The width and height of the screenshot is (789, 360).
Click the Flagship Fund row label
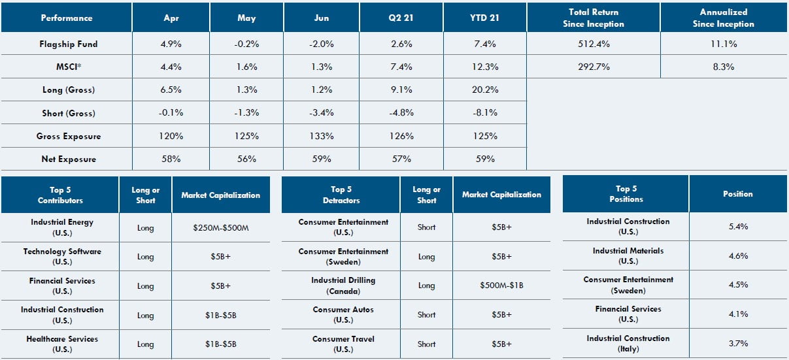(x=67, y=44)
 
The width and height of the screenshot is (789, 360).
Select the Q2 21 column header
(x=401, y=18)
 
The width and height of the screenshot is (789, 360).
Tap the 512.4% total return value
(x=594, y=44)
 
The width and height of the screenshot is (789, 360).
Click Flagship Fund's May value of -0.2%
(x=246, y=44)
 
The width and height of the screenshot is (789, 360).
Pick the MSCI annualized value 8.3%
(x=723, y=67)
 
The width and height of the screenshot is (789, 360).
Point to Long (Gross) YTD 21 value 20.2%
(x=484, y=90)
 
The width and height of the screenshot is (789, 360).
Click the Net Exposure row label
(x=67, y=159)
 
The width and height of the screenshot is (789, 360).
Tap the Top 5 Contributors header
(x=60, y=195)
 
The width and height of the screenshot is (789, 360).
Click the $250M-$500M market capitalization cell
(x=220, y=227)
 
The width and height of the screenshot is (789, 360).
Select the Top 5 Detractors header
(x=341, y=195)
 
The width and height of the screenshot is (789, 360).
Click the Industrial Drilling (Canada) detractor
(x=343, y=285)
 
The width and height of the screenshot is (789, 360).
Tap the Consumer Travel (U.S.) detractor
(x=343, y=344)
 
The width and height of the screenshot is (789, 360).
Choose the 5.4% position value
(x=738, y=226)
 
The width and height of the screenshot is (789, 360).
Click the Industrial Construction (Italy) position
(x=628, y=343)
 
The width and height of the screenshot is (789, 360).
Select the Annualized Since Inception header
(x=723, y=18)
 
